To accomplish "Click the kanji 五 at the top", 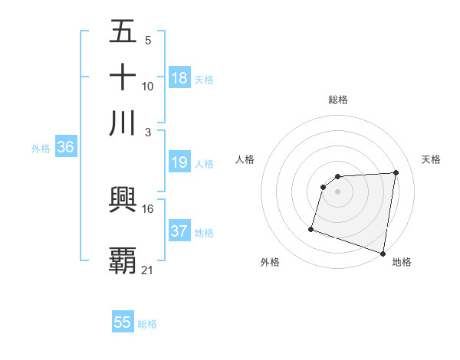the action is click(123, 33).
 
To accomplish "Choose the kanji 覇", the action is click(123, 260).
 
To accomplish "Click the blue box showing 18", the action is click(179, 77).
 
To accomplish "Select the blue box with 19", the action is click(179, 162).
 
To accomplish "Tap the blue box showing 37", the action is click(179, 231).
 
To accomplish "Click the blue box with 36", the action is click(65, 148).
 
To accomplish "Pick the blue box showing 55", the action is click(123, 322).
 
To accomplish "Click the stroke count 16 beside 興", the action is click(147, 208).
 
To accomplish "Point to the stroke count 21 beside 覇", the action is click(147, 270).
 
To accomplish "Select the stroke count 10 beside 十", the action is click(147, 86).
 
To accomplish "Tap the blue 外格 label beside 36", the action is click(41, 149).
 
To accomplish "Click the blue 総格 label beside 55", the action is click(147, 323).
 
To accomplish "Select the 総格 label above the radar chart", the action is click(337, 100).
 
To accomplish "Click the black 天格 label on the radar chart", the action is click(432, 159).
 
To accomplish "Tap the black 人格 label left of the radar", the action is click(245, 159).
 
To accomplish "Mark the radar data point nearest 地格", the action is click(383, 253).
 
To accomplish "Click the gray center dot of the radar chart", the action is click(337, 191).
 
